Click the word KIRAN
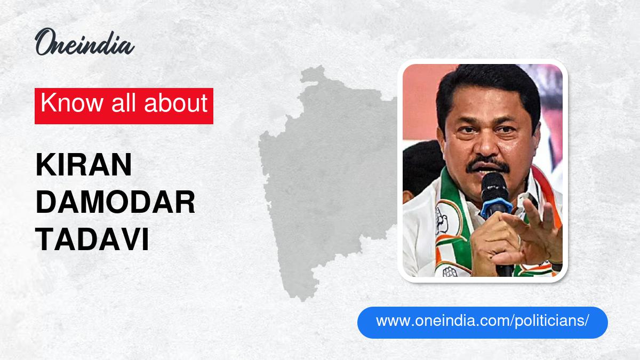pos(84,166)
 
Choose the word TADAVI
pos(92,241)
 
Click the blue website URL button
pos(482,322)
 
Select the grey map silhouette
pos(320,176)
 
